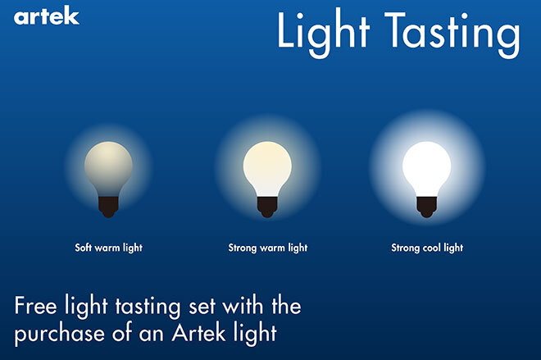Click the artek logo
click(x=46, y=16)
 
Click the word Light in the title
click(x=323, y=33)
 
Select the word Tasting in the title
click(x=452, y=34)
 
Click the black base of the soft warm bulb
click(x=108, y=207)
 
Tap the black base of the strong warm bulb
click(x=267, y=207)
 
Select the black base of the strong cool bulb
click(x=426, y=207)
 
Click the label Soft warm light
click(x=109, y=248)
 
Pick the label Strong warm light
click(x=268, y=248)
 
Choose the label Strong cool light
click(x=427, y=248)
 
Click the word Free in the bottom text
click(x=35, y=306)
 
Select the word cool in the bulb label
click(x=432, y=248)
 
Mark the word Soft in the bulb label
click(x=83, y=247)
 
